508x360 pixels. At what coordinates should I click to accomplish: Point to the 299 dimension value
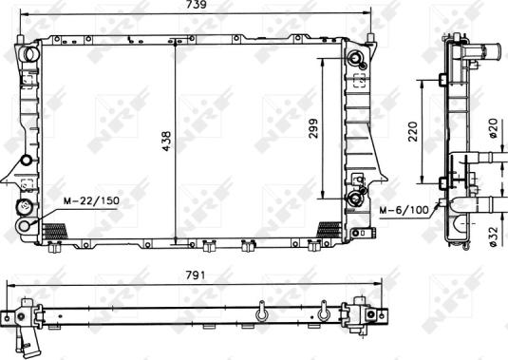[313, 129]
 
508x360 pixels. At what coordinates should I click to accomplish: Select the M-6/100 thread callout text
[403, 210]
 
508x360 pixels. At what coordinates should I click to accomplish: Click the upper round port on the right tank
[357, 60]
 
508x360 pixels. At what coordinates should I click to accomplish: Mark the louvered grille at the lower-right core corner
[329, 228]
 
